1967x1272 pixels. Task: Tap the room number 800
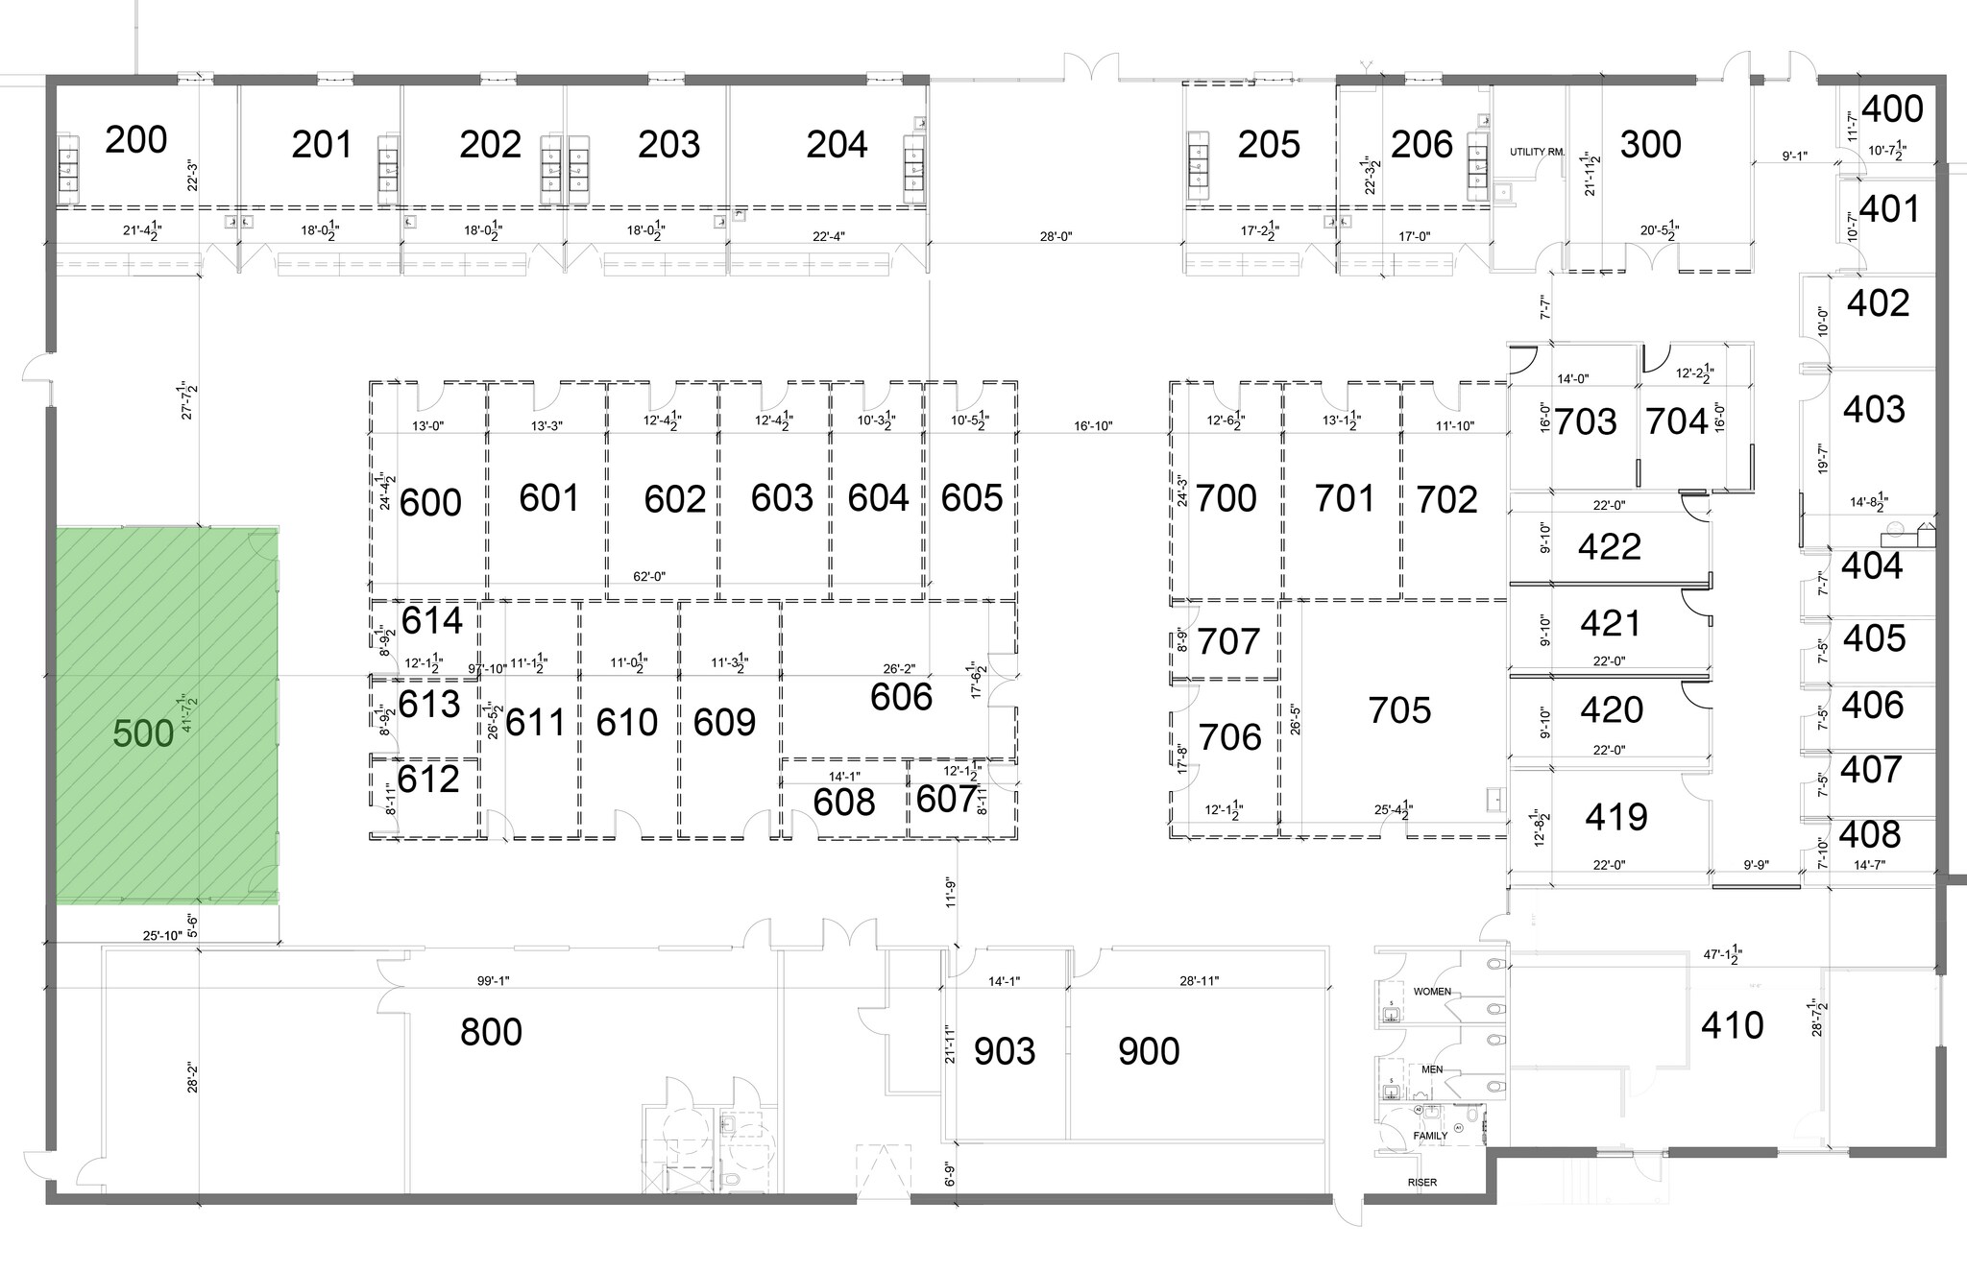[491, 1032]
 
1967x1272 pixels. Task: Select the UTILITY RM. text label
[1537, 152]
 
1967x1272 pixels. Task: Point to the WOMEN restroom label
[1431, 991]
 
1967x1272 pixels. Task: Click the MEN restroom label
[1431, 1068]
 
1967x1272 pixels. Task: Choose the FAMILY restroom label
[1430, 1136]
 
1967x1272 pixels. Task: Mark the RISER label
[1422, 1182]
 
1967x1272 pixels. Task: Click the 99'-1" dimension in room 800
[493, 981]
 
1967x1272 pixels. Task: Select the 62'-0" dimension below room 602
[649, 576]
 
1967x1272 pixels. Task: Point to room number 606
[901, 697]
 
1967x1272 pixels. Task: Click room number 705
[1399, 710]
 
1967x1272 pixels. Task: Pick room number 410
[1732, 1025]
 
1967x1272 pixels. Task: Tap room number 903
[1005, 1051]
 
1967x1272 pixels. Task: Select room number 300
[1650, 144]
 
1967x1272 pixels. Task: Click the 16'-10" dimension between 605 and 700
[1093, 425]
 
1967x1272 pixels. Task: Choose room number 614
[431, 621]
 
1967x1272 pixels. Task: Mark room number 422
[1610, 547]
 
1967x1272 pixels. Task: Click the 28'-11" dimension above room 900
[1200, 981]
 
